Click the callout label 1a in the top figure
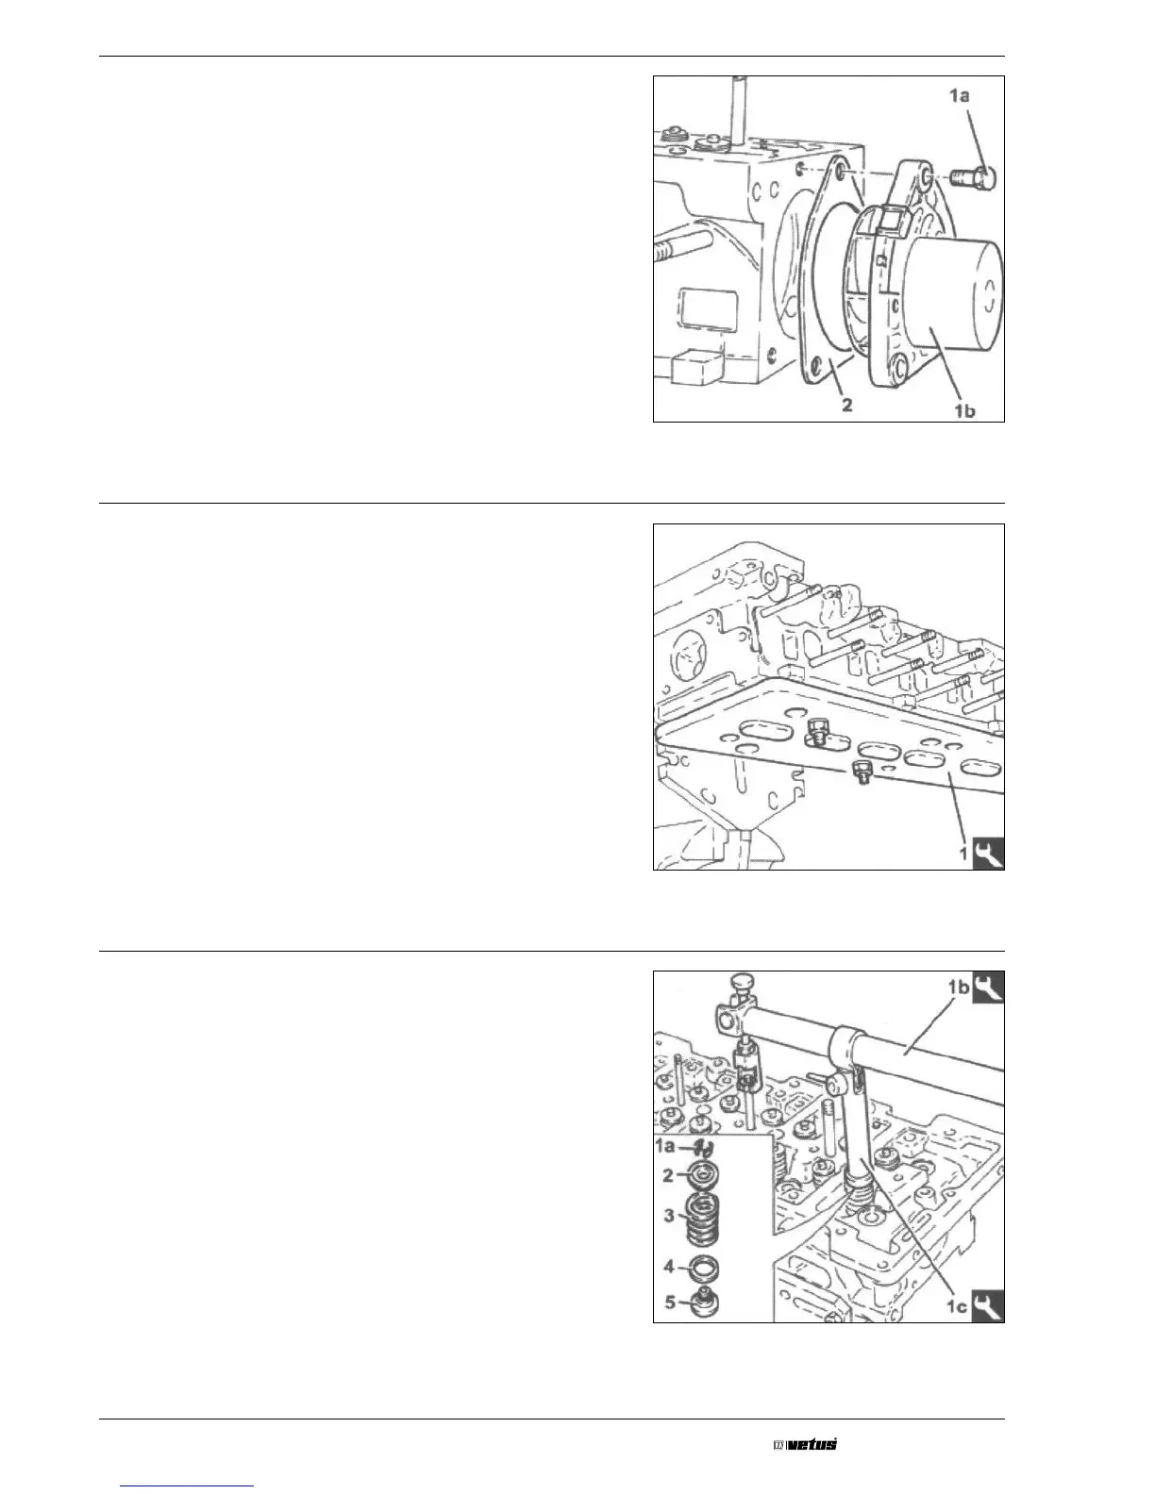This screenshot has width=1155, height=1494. [960, 95]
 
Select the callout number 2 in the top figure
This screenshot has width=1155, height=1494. [846, 406]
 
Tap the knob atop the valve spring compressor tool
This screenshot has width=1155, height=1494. [740, 987]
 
